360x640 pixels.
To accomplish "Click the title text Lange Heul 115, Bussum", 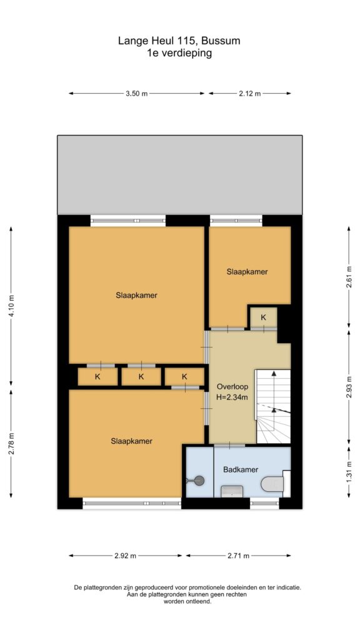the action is [179, 41].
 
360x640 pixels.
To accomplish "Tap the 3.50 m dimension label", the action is [136, 94].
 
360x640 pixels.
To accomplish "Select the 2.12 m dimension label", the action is [249, 94].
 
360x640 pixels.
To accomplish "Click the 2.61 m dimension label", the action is [349, 277].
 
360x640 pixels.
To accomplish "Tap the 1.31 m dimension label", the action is [349, 471].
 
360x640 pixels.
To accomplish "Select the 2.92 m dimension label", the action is [125, 556].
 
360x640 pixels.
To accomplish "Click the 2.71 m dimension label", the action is [239, 556].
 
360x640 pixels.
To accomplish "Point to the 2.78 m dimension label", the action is [11, 443].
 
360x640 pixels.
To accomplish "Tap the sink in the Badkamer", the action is [232, 491].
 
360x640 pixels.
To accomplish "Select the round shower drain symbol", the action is [199, 481].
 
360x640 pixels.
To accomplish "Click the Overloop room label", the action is [232, 386].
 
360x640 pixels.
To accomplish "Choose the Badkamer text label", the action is [241, 469].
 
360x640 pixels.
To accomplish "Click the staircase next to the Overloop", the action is [273, 406].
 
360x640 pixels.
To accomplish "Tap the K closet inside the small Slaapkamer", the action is [263, 317].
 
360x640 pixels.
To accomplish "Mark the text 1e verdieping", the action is [179, 53].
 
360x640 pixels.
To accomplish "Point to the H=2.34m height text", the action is [232, 396].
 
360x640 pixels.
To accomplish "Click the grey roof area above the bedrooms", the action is [179, 175].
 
